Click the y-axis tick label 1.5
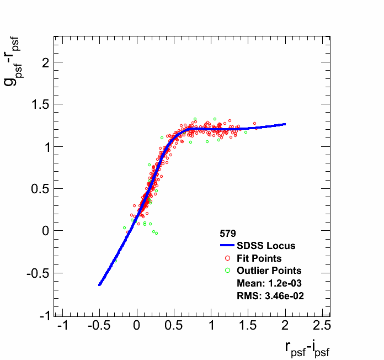tap(37, 105)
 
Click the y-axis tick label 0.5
tap(37, 189)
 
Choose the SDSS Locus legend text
tap(266, 246)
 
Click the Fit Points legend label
tap(259, 258)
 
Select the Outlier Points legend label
tap(269, 271)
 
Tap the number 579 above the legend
tap(228, 234)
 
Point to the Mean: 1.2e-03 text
tap(268, 283)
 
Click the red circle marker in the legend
tap(227, 258)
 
